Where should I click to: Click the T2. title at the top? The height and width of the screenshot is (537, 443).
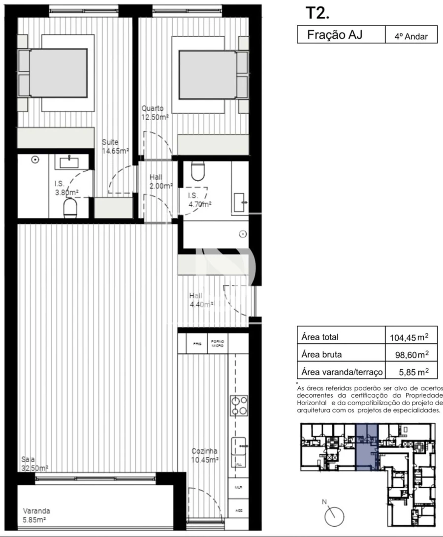[x=317, y=13]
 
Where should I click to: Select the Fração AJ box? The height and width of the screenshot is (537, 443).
[x=341, y=34]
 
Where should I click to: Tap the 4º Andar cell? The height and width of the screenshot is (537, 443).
[x=411, y=36]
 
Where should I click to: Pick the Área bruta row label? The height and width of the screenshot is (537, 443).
[x=321, y=354]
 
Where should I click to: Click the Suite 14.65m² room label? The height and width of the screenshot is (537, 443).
[x=115, y=147]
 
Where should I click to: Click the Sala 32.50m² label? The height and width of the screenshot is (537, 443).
[x=34, y=464]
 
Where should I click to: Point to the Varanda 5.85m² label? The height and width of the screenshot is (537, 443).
[x=36, y=515]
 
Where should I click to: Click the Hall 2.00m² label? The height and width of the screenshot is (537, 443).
[x=161, y=182]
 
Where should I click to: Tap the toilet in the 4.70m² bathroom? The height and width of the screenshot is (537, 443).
[x=198, y=171]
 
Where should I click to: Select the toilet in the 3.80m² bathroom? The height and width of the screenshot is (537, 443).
[x=70, y=207]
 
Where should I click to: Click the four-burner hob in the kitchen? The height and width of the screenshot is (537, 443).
[x=239, y=406]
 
